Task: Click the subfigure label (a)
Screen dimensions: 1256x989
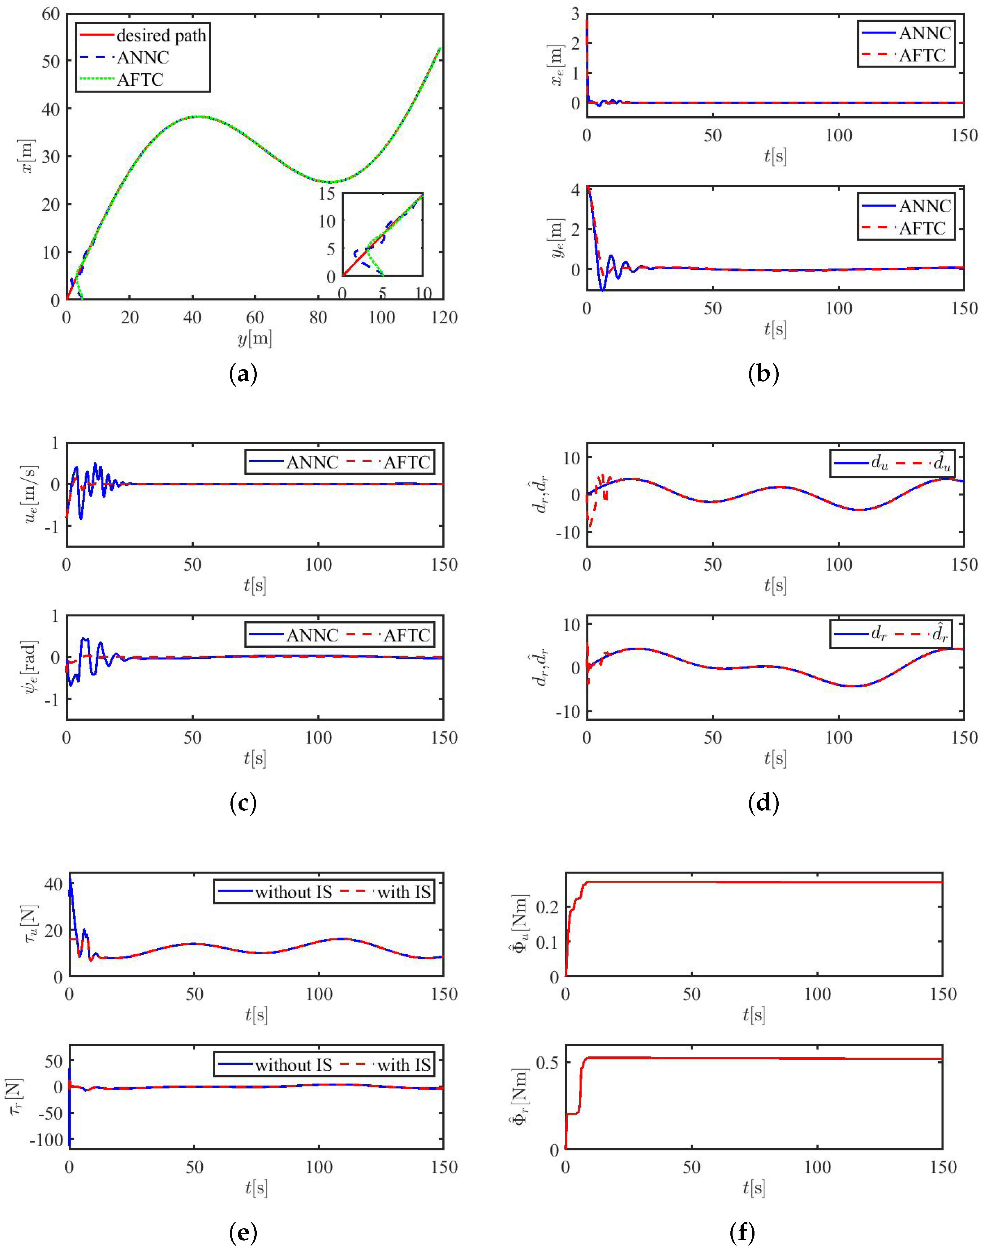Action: click(243, 375)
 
